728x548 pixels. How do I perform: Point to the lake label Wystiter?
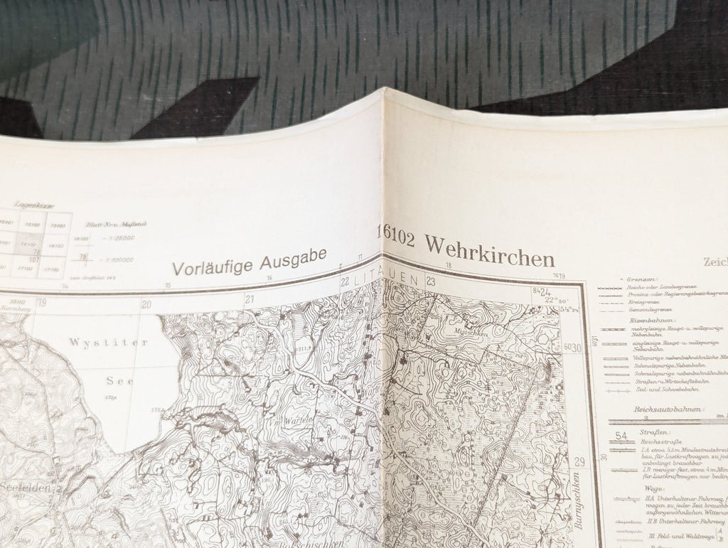(x=108, y=343)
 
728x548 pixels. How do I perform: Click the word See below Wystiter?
(x=119, y=380)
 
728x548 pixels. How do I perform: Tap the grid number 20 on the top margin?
(x=146, y=304)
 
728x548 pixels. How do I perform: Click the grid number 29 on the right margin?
(x=579, y=462)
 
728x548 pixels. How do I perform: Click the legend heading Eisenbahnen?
(x=647, y=321)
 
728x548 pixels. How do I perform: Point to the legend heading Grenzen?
(x=641, y=280)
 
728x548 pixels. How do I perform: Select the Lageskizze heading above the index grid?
(x=36, y=205)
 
